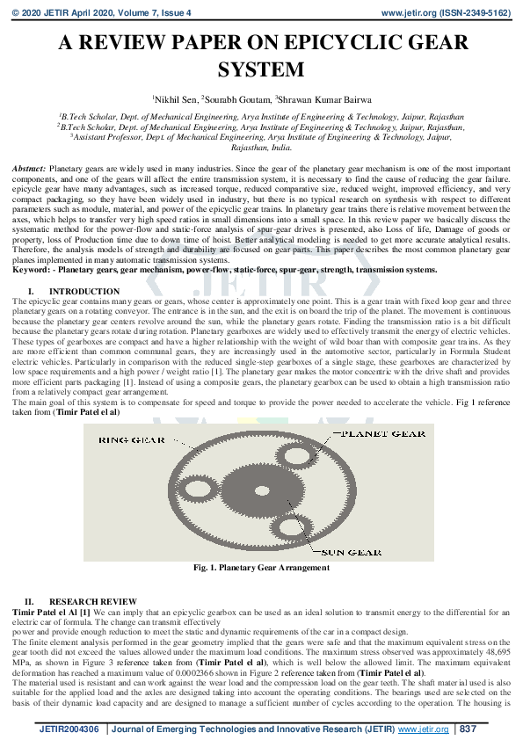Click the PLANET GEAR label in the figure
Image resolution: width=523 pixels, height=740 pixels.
(384, 434)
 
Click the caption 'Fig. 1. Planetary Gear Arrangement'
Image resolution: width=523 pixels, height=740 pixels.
(261, 568)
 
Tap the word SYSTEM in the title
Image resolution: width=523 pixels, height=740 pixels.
(262, 69)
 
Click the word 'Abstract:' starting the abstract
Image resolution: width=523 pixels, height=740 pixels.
(29, 166)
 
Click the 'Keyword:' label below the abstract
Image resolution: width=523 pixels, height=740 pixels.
(31, 270)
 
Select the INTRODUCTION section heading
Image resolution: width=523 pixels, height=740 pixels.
(84, 291)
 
